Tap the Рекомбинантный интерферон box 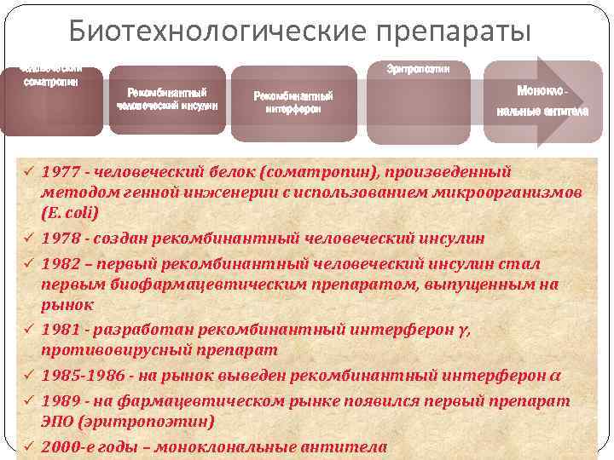pos(293,102)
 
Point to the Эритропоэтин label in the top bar pos(418,67)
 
